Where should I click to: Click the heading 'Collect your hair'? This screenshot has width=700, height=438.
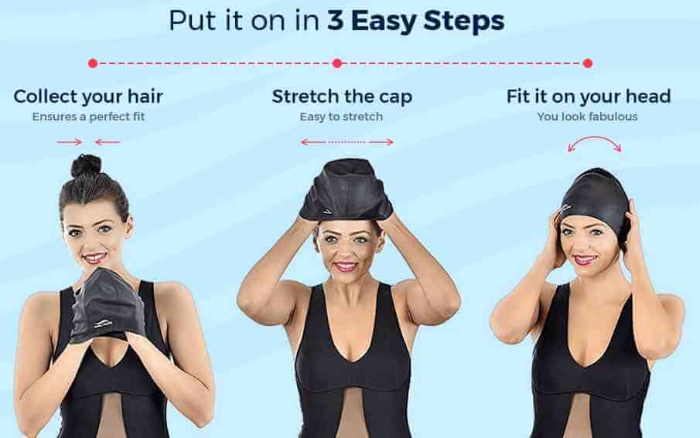point(88,97)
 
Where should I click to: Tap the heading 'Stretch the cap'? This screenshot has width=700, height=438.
point(342,97)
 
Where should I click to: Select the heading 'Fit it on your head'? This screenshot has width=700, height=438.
point(589,97)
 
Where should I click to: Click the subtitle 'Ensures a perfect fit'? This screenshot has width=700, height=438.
point(88,117)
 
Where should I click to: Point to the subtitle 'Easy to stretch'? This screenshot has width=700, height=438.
point(342,117)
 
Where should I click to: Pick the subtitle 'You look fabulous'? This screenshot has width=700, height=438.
point(588,117)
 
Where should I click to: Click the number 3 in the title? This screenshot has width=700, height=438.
point(335,21)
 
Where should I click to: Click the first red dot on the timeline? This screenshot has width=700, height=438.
point(93,63)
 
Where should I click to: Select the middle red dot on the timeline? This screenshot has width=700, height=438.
point(337,63)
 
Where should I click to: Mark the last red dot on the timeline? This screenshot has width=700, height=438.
point(588,63)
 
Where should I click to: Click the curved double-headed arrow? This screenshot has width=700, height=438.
point(594,138)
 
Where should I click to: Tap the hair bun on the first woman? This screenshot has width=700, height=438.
point(86,166)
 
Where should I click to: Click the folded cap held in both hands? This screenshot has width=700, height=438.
point(108,306)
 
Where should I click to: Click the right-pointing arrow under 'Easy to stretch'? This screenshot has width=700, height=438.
point(381,142)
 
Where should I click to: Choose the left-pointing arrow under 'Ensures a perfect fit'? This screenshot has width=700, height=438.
point(108,142)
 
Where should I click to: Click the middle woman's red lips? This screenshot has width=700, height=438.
point(346,267)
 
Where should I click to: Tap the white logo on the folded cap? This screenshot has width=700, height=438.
point(104,324)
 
